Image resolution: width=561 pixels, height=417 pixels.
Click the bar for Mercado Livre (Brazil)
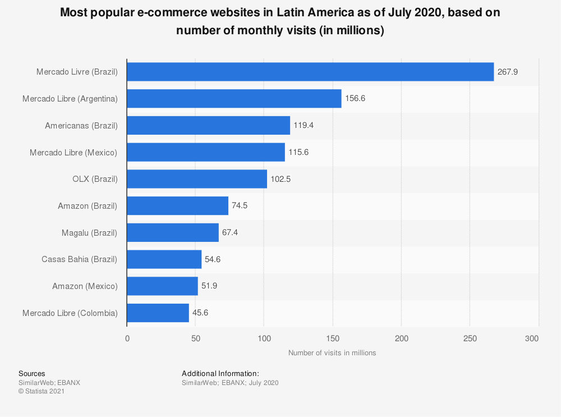click(x=310, y=72)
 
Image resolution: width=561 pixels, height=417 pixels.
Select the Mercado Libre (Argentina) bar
click(x=234, y=99)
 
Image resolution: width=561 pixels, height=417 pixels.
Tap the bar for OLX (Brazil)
click(x=197, y=179)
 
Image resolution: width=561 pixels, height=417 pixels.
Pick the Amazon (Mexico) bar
click(x=162, y=286)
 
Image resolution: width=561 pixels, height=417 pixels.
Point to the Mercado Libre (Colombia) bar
click(x=158, y=313)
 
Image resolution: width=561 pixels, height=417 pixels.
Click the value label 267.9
click(x=508, y=72)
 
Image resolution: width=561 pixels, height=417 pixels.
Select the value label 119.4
click(x=304, y=126)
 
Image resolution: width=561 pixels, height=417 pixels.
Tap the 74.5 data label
click(x=240, y=206)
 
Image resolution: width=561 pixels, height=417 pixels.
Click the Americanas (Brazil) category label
click(x=81, y=126)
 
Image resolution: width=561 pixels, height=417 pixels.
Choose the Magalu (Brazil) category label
click(x=90, y=233)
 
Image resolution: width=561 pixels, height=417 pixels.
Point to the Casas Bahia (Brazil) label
click(x=80, y=259)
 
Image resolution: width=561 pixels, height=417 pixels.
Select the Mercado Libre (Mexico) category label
click(x=73, y=153)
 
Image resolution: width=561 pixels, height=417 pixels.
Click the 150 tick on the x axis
click(x=333, y=338)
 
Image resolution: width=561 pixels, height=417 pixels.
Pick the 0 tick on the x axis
click(x=127, y=338)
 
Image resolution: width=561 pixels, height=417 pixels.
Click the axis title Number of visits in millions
click(x=332, y=353)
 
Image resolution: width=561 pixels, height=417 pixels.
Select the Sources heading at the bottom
click(x=32, y=374)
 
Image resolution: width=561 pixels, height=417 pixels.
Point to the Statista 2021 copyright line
click(x=42, y=392)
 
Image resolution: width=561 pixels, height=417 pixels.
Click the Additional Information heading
click(x=220, y=374)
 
